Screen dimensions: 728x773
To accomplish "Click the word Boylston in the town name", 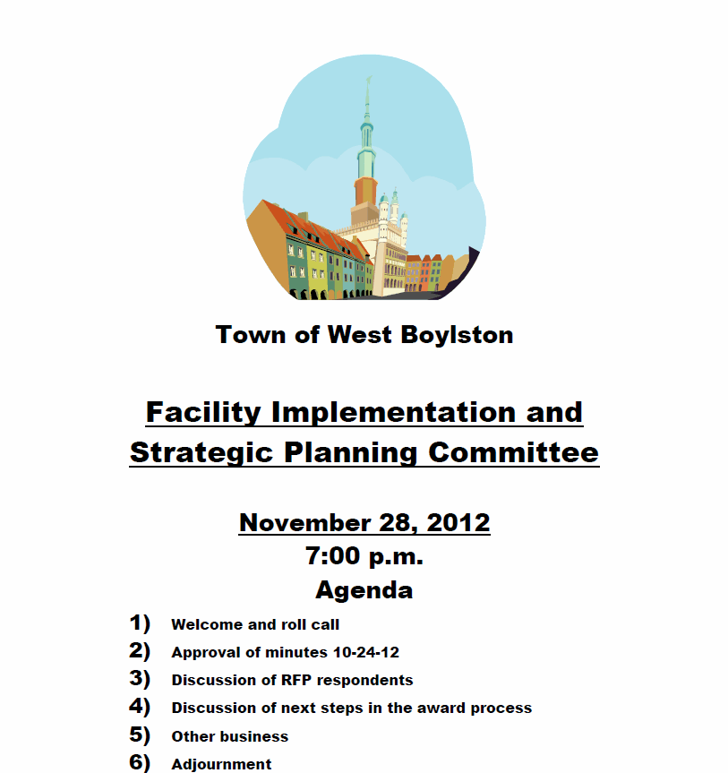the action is (x=457, y=335).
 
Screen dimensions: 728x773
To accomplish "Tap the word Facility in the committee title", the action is (x=203, y=413).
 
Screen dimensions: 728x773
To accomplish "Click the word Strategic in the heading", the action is (x=201, y=453).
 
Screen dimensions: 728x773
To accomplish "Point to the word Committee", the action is (x=513, y=452).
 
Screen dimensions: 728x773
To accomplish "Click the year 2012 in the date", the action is (x=458, y=522).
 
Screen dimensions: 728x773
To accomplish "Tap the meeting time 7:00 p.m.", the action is (x=364, y=556).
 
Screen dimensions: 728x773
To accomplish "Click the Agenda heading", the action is (x=364, y=590).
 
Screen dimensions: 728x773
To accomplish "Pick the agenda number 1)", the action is (x=140, y=623).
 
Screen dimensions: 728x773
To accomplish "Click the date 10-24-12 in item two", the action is (x=366, y=652).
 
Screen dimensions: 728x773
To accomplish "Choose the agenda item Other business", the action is (x=230, y=736).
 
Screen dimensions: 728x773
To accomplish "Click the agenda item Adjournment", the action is (x=221, y=764).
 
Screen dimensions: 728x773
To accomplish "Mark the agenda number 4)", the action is (x=140, y=707).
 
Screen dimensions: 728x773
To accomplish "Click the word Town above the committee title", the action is (x=251, y=335).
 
